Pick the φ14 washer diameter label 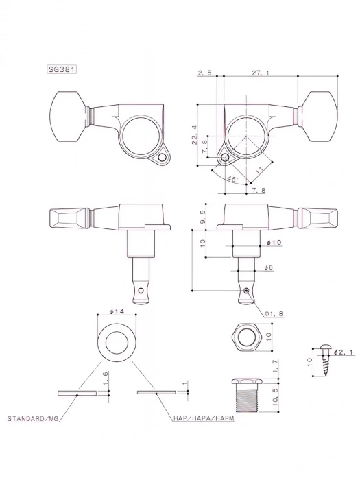[x=115, y=312]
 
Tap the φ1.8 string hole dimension [x=274, y=313]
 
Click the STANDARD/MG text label [x=32, y=418]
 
